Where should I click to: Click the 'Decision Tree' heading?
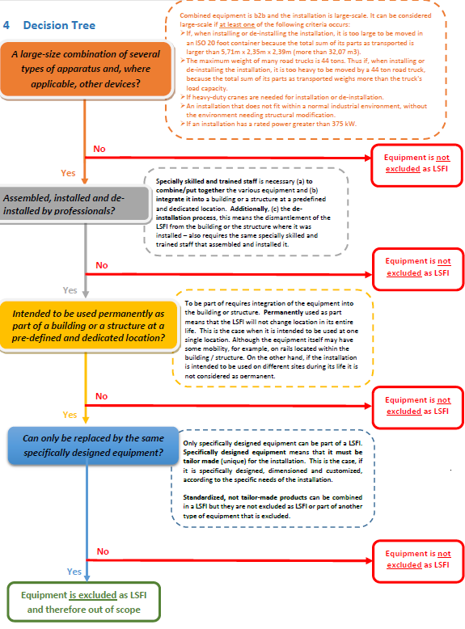coord(59,26)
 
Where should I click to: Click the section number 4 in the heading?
coord(6,26)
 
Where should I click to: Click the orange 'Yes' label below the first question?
coord(68,173)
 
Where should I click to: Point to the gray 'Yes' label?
coord(71,290)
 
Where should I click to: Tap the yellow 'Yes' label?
coord(70,415)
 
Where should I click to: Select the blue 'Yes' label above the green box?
coord(74,571)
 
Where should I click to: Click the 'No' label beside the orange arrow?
coord(99,149)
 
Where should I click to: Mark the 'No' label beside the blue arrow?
coord(103,551)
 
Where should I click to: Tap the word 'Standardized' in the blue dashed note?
coord(207,496)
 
